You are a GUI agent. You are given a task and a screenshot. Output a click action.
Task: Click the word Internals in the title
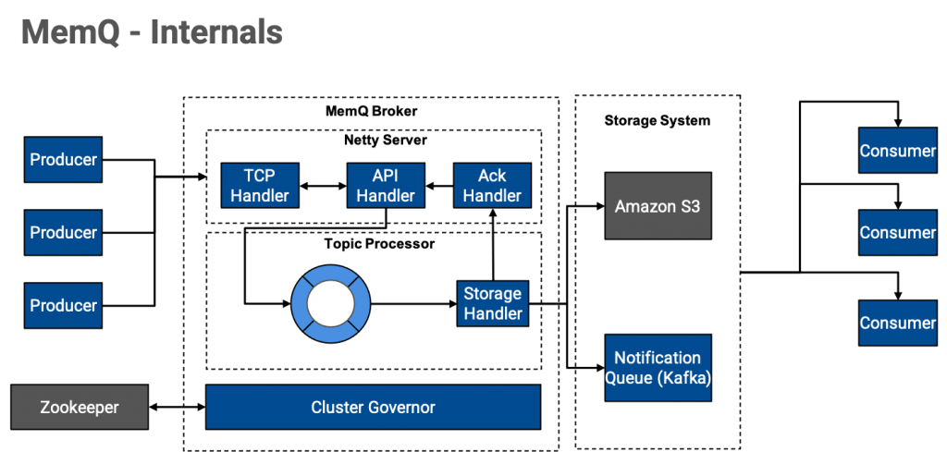click(x=216, y=32)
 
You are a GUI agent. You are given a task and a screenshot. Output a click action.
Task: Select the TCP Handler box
click(x=260, y=186)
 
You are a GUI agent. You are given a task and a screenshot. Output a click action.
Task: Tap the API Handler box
click(x=386, y=186)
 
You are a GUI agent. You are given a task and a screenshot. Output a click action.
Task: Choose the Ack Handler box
click(x=492, y=186)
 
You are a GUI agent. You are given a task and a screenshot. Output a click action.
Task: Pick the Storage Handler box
click(x=493, y=303)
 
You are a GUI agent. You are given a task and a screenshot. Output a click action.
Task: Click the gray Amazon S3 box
click(x=658, y=206)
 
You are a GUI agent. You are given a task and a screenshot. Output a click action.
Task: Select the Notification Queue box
click(x=658, y=368)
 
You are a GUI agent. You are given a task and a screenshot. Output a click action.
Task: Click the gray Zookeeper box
click(x=80, y=407)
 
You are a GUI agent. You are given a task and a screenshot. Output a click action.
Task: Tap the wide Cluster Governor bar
click(x=373, y=408)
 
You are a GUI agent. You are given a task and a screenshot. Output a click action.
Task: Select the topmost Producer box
click(x=63, y=160)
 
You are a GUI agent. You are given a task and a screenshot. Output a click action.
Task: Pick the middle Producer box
click(x=63, y=233)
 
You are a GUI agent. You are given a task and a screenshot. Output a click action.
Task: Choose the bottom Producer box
click(x=63, y=306)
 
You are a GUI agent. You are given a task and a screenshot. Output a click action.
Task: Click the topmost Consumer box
click(x=897, y=151)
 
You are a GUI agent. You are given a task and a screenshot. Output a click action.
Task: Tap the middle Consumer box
click(x=897, y=233)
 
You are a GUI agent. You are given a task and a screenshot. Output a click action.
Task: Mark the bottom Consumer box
click(x=897, y=323)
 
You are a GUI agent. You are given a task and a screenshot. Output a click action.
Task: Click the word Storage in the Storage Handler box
click(x=493, y=294)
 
